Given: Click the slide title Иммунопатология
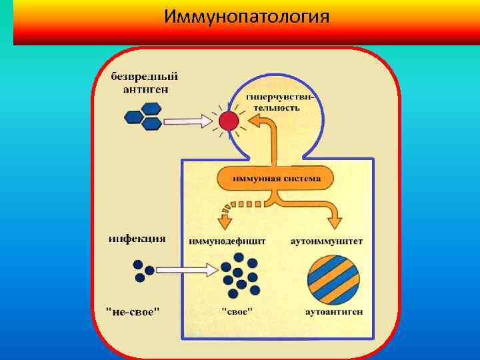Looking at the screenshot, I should (x=247, y=16).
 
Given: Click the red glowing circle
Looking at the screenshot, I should (x=229, y=121).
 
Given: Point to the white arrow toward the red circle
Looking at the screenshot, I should (x=189, y=121).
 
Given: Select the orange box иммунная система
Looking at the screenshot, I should (x=276, y=179).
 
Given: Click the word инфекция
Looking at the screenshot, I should (x=137, y=239).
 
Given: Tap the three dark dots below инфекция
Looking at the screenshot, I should (x=143, y=270).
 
